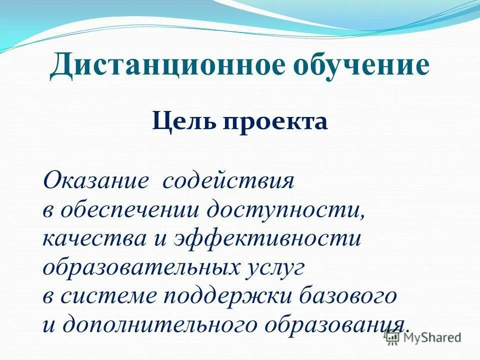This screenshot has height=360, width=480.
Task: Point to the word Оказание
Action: coord(95,180)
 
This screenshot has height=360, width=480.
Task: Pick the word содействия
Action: coord(228,180)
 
